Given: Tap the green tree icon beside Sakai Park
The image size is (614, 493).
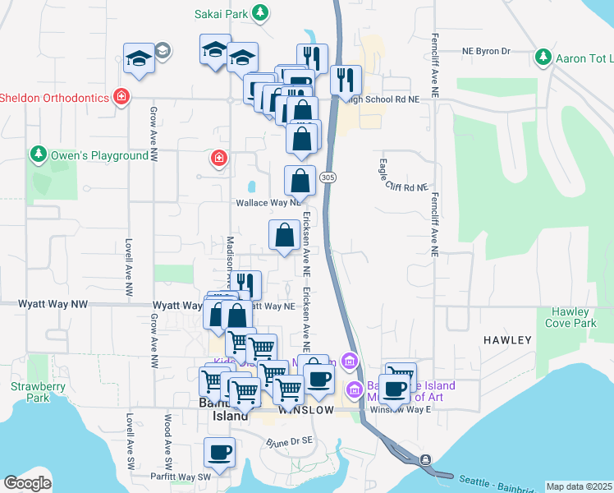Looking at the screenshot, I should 260,12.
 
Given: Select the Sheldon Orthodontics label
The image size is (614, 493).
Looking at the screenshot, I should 54,98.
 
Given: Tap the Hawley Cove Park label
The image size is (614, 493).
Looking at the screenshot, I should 570,317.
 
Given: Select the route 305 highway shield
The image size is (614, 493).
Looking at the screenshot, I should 328,177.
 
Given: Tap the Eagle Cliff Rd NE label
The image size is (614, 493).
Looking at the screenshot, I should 404,176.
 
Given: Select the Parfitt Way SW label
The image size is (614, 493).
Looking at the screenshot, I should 181,476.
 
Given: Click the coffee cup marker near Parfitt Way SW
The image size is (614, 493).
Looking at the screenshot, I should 220,451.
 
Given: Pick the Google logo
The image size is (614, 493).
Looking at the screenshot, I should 28,483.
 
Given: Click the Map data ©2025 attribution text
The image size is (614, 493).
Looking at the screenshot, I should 578,486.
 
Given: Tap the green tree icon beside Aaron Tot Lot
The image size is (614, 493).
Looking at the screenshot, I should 543,57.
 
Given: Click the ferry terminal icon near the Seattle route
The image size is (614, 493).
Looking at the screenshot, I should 426,460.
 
